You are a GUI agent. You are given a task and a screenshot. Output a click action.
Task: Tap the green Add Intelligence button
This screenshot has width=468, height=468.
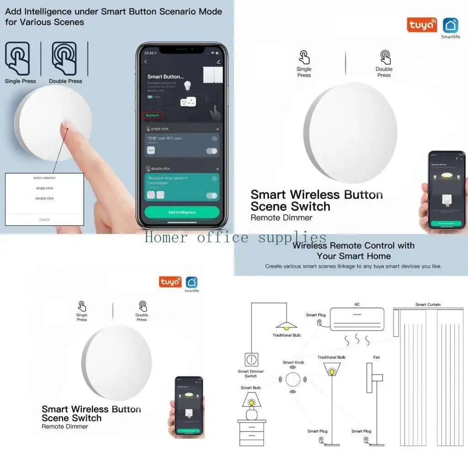(x=181, y=212)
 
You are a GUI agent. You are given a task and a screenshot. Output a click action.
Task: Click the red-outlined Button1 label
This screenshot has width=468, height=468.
(x=152, y=115)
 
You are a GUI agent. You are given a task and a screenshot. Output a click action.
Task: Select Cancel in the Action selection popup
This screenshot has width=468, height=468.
(x=44, y=219)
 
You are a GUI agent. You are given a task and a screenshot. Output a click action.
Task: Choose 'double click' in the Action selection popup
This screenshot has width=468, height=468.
(x=44, y=198)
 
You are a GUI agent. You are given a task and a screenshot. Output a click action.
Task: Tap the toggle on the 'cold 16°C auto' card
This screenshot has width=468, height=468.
(x=212, y=151)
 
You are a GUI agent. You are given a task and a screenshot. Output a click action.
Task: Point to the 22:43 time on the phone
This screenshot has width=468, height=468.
(x=149, y=53)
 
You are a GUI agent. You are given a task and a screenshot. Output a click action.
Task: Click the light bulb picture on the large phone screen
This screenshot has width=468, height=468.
(x=186, y=85)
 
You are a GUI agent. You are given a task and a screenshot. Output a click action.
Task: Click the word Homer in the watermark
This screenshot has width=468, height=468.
(x=166, y=238)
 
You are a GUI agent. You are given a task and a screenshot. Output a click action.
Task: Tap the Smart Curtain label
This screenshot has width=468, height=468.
(x=428, y=304)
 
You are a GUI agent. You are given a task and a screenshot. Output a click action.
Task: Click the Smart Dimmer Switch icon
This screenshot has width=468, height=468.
(x=251, y=360)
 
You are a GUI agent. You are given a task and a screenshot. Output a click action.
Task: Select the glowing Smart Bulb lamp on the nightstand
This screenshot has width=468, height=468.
(x=251, y=404)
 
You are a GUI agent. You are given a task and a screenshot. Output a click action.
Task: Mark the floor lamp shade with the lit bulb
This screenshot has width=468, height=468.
(x=331, y=370)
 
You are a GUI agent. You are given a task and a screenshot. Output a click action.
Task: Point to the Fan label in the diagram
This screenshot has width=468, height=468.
(x=377, y=357)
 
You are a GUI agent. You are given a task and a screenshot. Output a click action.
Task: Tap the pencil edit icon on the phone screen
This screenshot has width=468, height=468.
(x=218, y=61)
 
